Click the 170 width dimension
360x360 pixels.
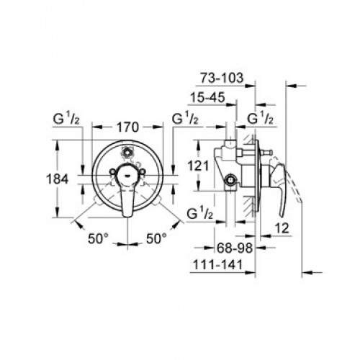[127, 127]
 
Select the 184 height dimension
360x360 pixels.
[57, 179]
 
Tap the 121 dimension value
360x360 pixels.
[198, 166]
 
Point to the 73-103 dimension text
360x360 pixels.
[222, 78]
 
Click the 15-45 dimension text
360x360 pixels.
[207, 97]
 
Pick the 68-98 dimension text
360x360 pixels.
[235, 248]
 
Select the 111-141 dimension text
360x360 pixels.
[218, 265]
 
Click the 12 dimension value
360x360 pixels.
[282, 228]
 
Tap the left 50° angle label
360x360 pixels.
[99, 239]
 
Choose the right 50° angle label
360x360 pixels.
[156, 239]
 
